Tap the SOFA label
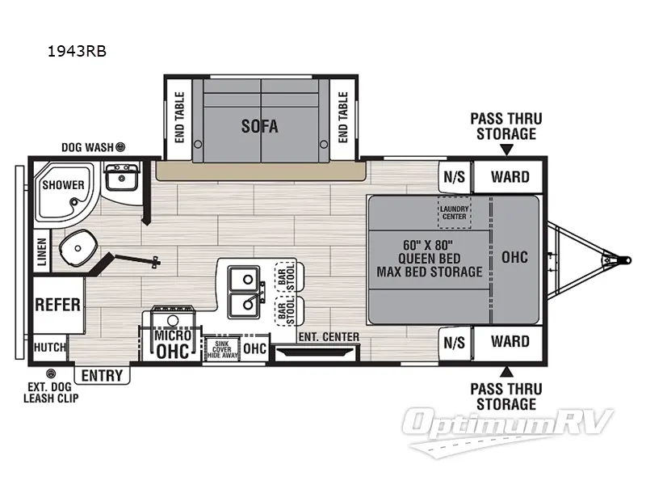click(259, 126)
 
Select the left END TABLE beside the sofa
click(179, 116)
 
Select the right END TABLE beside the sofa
click(342, 116)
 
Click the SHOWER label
click(63, 184)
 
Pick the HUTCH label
click(50, 347)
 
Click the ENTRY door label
click(103, 375)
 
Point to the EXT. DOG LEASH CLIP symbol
click(51, 373)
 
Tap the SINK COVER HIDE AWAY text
click(221, 348)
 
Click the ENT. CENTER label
click(317, 336)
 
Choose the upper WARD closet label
click(510, 177)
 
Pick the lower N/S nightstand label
click(454, 342)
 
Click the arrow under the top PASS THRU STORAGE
click(506, 150)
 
